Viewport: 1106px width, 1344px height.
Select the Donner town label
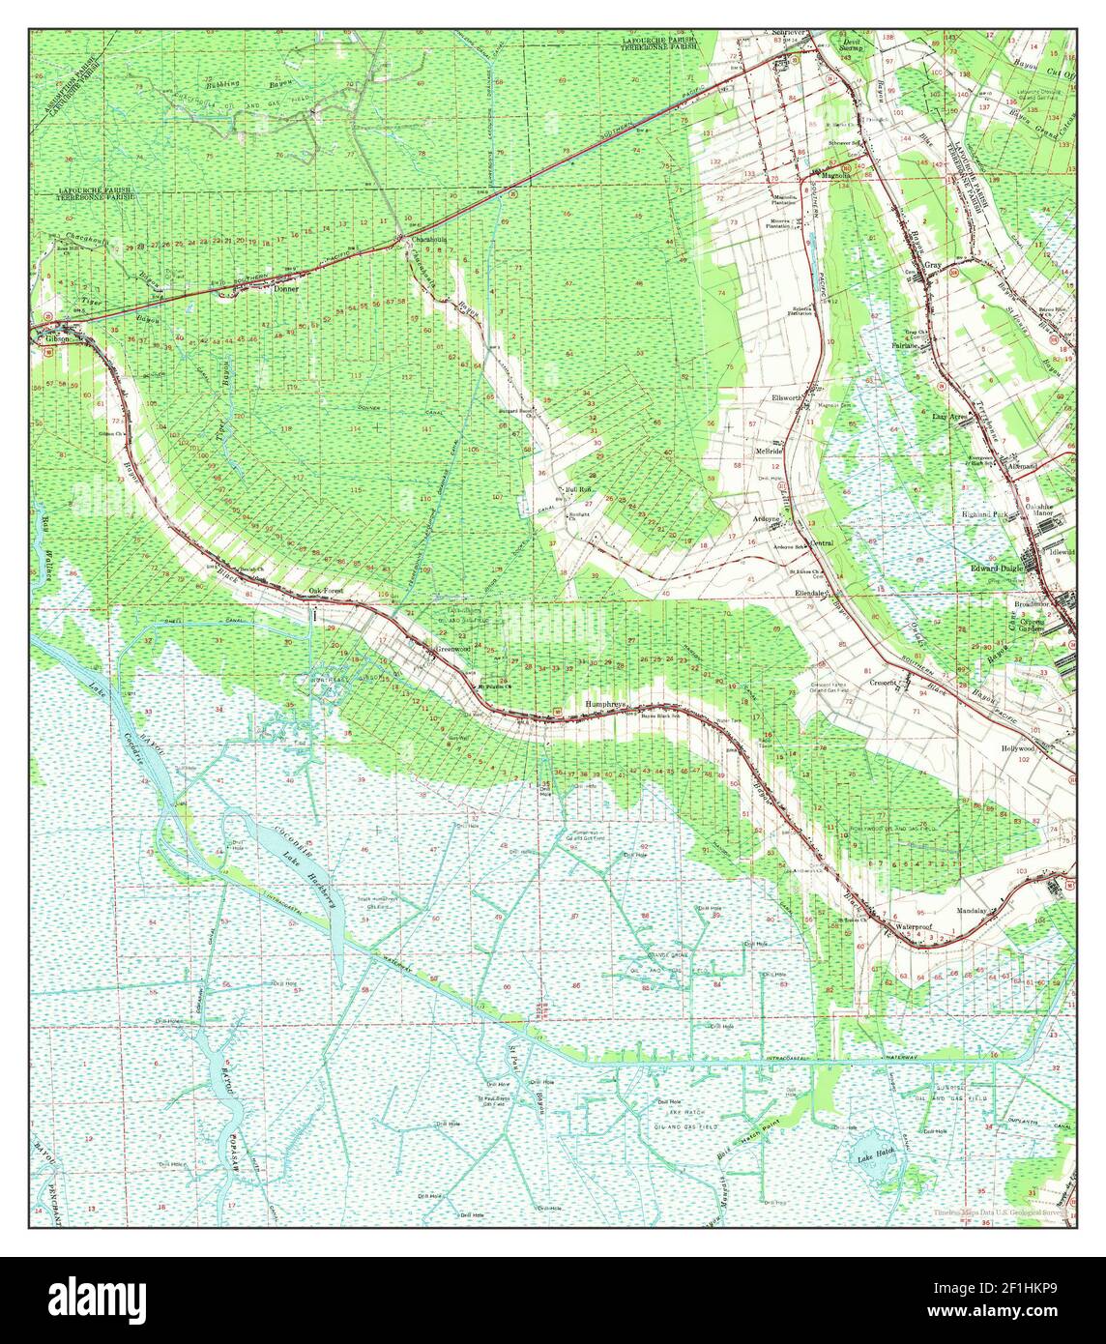286,289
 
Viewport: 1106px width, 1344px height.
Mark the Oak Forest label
326,591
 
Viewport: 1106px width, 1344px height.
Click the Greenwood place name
452,649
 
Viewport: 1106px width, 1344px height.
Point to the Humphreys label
606,705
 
